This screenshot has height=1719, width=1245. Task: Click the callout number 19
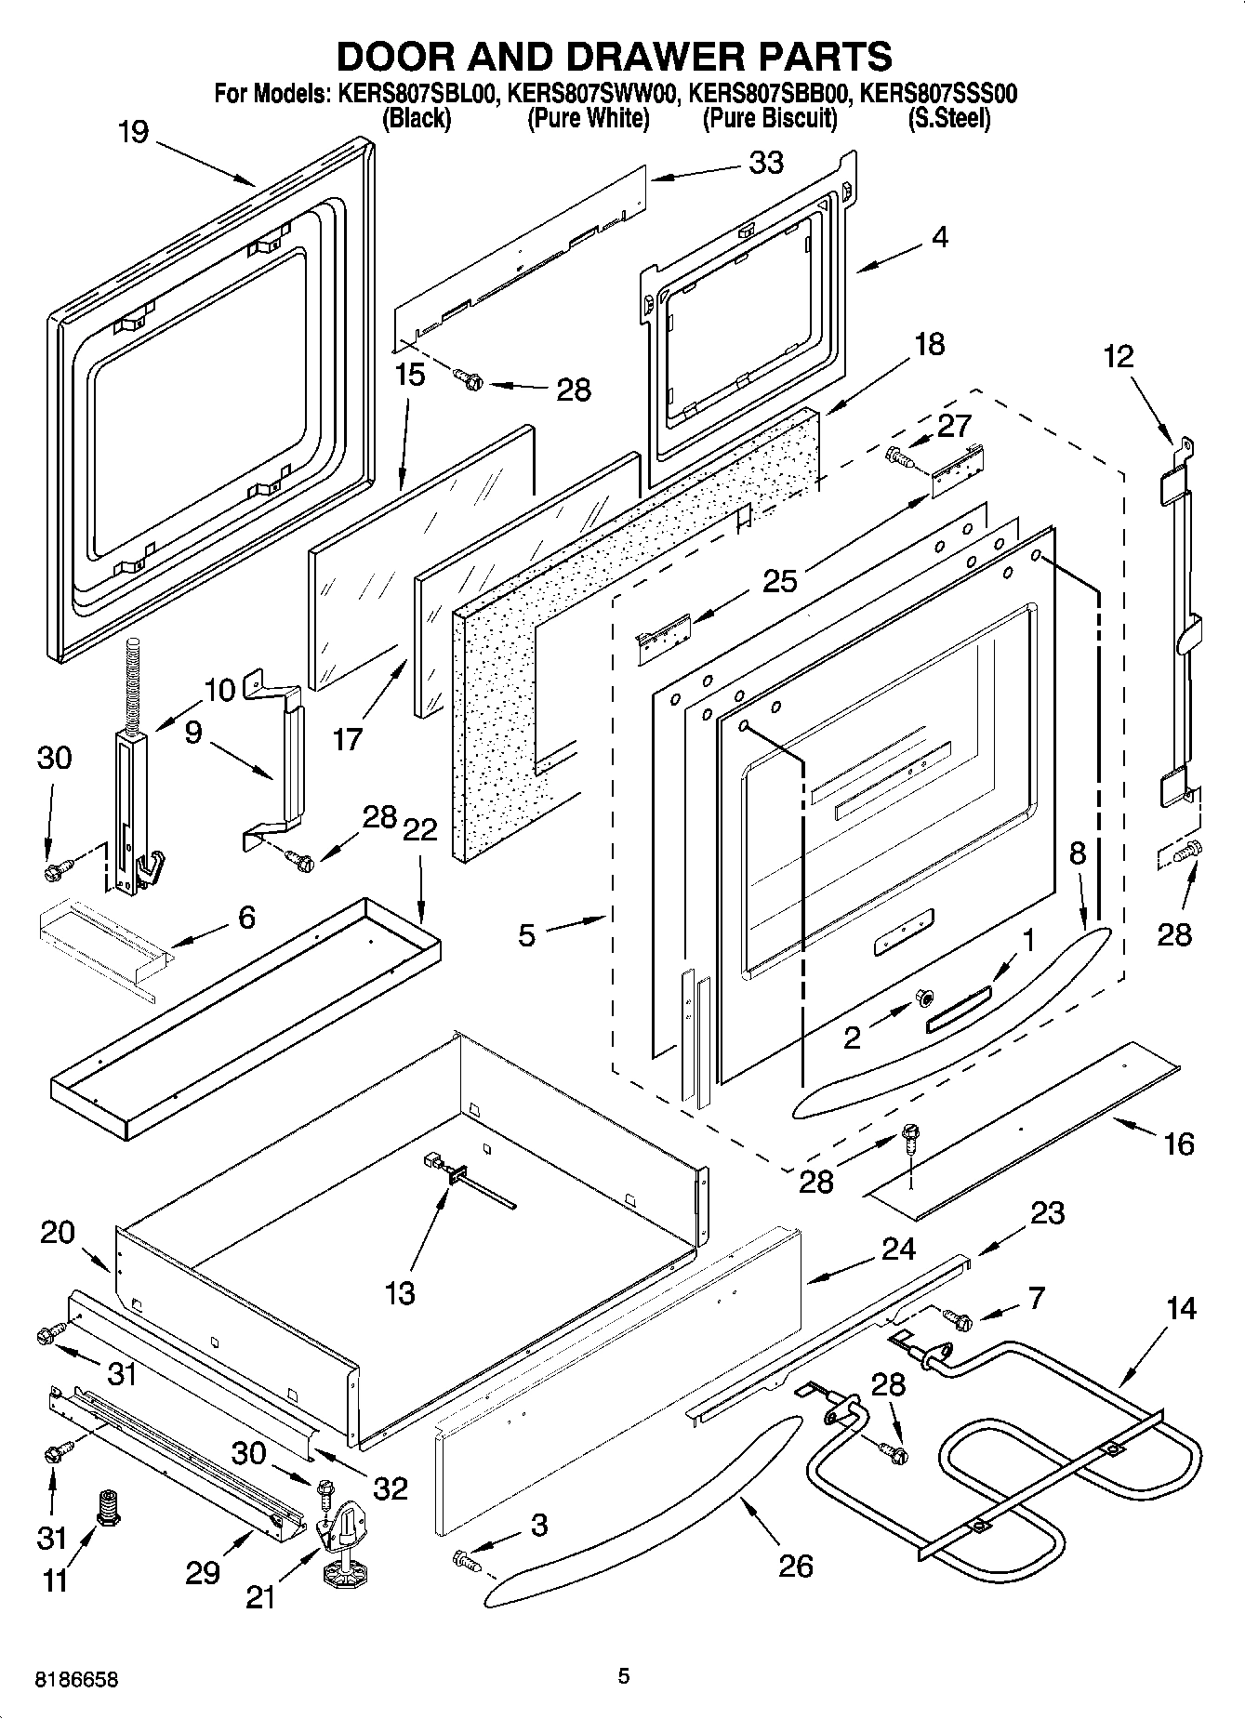click(133, 132)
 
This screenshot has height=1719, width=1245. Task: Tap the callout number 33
click(766, 163)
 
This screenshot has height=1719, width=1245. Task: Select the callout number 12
click(1119, 356)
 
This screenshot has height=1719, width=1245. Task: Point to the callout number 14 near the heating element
click(1180, 1309)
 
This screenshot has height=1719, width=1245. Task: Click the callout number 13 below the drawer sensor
click(400, 1293)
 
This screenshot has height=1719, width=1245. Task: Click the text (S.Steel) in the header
click(948, 119)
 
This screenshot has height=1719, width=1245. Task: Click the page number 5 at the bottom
click(623, 1676)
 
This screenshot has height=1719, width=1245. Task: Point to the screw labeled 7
click(957, 1317)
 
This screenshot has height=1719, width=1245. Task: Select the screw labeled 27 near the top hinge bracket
click(900, 456)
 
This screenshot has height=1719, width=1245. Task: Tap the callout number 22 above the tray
click(419, 829)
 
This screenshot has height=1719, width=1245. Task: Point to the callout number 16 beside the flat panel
click(1178, 1144)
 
